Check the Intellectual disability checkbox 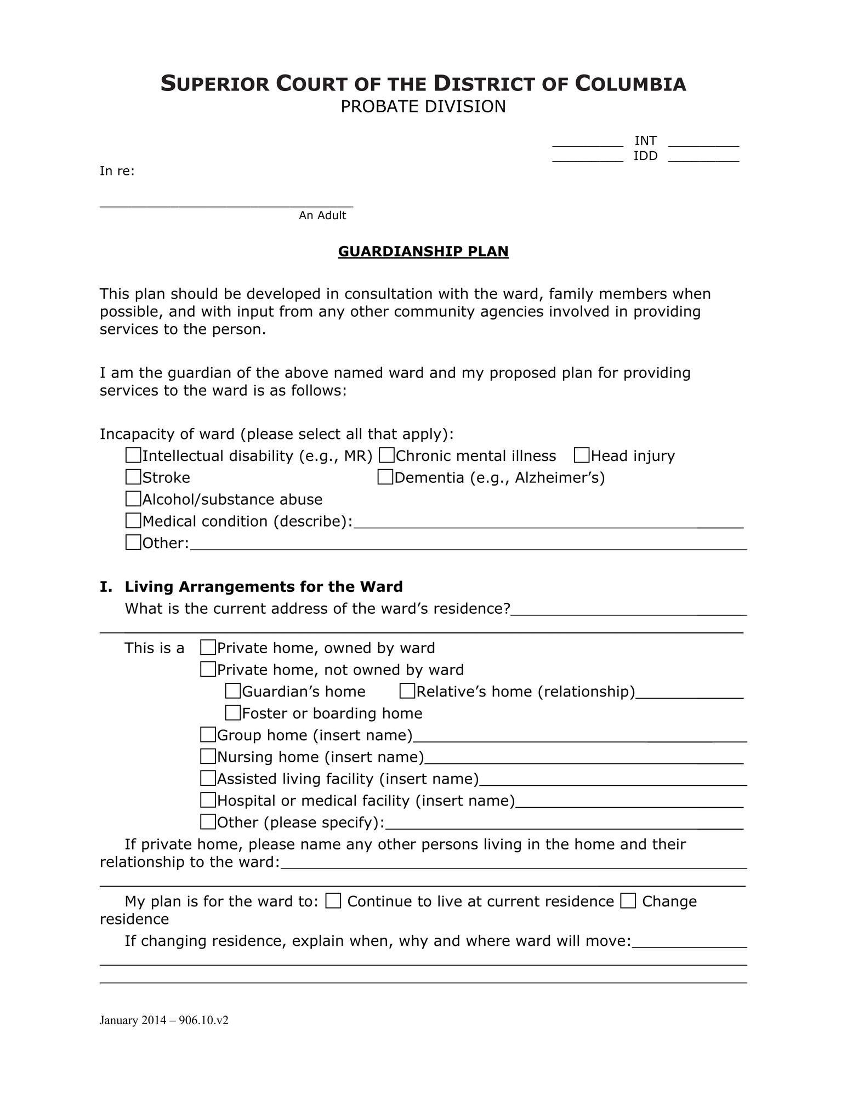pos(133,455)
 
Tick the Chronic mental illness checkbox pos(387,455)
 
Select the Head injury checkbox pos(582,455)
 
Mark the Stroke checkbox pos(133,477)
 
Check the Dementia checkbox pos(385,477)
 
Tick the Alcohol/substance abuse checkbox pos(133,499)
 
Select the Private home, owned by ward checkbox pos(208,648)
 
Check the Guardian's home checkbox pos(233,691)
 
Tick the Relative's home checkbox pos(407,691)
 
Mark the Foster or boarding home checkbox pos(233,713)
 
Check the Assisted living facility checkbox pos(208,778)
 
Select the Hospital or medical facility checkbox pos(208,800)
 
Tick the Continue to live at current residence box pos(333,901)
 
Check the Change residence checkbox pos(628,901)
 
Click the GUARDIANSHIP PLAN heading pos(423,252)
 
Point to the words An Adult pos(322,215)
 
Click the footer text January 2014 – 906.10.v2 pos(164,1020)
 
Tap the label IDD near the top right pos(645,156)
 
